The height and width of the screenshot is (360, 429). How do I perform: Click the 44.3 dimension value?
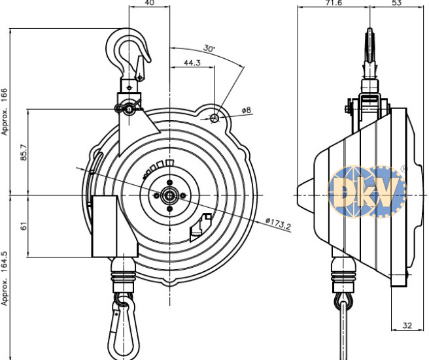(192, 63)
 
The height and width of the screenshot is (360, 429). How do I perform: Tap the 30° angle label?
(209, 48)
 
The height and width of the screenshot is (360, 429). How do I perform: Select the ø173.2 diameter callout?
(279, 224)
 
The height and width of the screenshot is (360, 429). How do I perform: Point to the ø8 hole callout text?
(246, 110)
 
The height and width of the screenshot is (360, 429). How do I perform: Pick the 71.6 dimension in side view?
(333, 3)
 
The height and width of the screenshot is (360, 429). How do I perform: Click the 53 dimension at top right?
(396, 3)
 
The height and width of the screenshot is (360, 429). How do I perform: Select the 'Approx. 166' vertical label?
(6, 111)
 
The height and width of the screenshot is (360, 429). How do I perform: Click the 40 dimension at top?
(149, 3)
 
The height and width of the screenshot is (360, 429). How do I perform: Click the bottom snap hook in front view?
(124, 326)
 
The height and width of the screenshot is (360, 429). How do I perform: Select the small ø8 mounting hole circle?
(214, 118)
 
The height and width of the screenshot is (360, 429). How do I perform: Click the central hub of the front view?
(169, 195)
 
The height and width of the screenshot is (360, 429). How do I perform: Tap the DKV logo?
(366, 191)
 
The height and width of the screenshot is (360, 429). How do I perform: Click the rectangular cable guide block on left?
(113, 225)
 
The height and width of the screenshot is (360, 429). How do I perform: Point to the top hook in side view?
(369, 49)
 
